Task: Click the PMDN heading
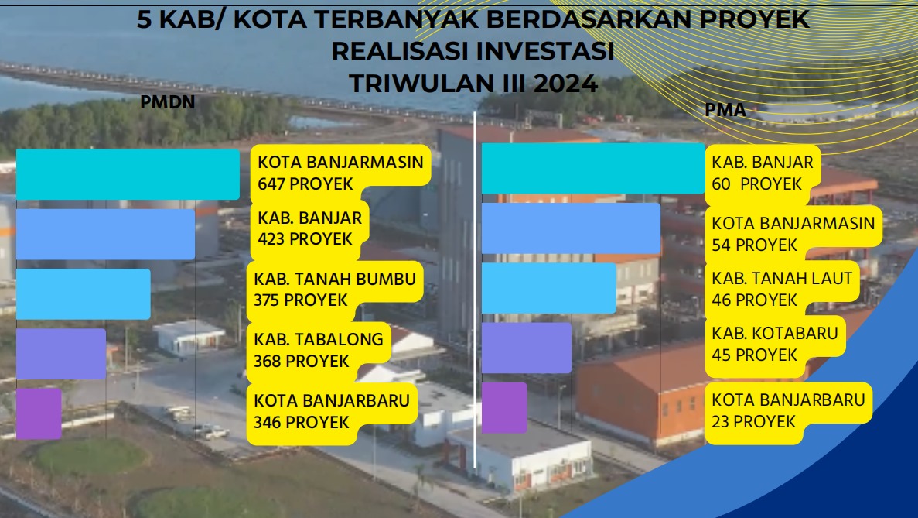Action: (x=168, y=102)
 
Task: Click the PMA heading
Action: (x=725, y=110)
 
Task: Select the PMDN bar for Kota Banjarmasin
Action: (x=128, y=174)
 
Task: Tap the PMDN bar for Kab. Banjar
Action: (x=105, y=235)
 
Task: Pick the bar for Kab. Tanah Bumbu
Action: (x=83, y=294)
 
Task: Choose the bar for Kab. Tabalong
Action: (x=61, y=354)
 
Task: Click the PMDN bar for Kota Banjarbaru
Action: (x=39, y=413)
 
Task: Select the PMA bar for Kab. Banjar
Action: (x=593, y=168)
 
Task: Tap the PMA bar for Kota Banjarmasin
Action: (x=571, y=228)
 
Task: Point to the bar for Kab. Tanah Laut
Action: (x=548, y=288)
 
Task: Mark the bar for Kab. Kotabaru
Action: (x=527, y=348)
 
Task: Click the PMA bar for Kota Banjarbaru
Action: (x=504, y=408)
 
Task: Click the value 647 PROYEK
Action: (x=305, y=184)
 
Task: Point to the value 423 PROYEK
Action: (x=305, y=239)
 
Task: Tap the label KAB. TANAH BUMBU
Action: (x=335, y=279)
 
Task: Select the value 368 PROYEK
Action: (x=301, y=362)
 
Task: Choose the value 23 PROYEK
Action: (x=753, y=422)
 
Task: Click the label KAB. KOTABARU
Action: (x=775, y=334)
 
